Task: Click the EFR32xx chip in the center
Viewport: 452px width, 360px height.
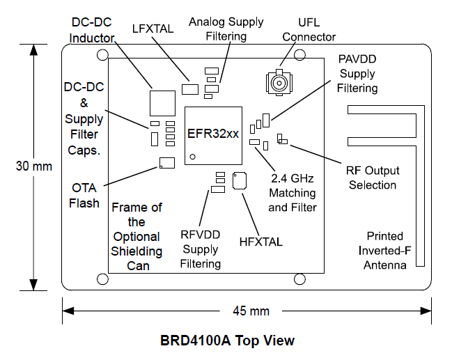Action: click(212, 135)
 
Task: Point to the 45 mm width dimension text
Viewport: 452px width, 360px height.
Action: click(249, 310)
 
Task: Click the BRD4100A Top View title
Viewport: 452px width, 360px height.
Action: click(227, 341)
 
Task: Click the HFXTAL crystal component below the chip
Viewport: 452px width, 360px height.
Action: click(240, 180)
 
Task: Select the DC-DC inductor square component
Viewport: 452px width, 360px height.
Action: click(163, 102)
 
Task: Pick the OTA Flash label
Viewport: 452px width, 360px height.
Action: click(84, 196)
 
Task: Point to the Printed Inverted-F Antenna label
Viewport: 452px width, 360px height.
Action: click(386, 251)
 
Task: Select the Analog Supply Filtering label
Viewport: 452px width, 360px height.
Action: click(226, 29)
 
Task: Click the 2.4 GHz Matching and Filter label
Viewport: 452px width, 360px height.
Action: click(292, 193)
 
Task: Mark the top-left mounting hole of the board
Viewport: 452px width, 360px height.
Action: click(103, 55)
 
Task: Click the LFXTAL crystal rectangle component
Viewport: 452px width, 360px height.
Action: click(190, 88)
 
